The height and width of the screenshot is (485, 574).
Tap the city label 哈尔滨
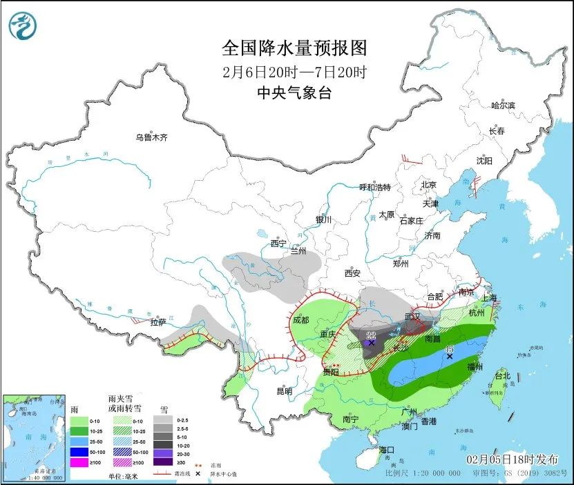503,106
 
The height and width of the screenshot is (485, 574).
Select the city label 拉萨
158,322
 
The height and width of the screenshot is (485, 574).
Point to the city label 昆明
284,391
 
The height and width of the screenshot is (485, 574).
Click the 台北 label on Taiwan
501,376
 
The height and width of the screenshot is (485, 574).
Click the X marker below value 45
449,357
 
